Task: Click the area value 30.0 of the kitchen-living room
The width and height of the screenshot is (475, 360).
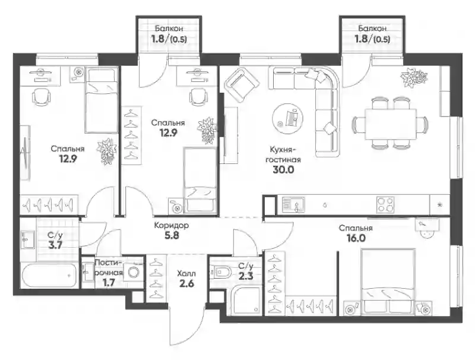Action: [x=283, y=170]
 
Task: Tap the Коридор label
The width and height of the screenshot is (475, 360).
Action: [x=172, y=226]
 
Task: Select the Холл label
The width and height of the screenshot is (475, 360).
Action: [x=186, y=274]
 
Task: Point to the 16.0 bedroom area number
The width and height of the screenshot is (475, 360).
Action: [x=356, y=238]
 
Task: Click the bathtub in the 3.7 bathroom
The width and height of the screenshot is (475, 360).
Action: [x=49, y=276]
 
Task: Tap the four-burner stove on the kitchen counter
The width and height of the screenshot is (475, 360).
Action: [x=385, y=204]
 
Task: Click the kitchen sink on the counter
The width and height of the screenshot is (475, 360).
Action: [x=293, y=204]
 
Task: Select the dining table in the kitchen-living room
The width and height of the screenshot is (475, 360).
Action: [x=391, y=124]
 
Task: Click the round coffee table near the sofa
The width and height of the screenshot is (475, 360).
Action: [x=287, y=118]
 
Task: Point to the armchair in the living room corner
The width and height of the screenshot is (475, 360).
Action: [x=242, y=85]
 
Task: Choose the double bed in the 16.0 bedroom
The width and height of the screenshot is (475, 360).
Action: [x=388, y=281]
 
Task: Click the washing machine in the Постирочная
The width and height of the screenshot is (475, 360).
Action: [x=133, y=272]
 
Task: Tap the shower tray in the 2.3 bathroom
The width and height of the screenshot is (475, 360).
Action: [x=245, y=301]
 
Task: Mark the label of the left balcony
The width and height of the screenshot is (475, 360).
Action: [x=169, y=29]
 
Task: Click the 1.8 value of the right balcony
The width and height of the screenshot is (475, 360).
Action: [x=360, y=39]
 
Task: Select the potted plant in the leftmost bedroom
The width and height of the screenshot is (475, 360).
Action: [x=107, y=151]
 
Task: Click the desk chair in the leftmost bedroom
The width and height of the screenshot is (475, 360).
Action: [x=42, y=97]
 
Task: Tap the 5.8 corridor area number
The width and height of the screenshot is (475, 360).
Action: [x=172, y=235]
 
